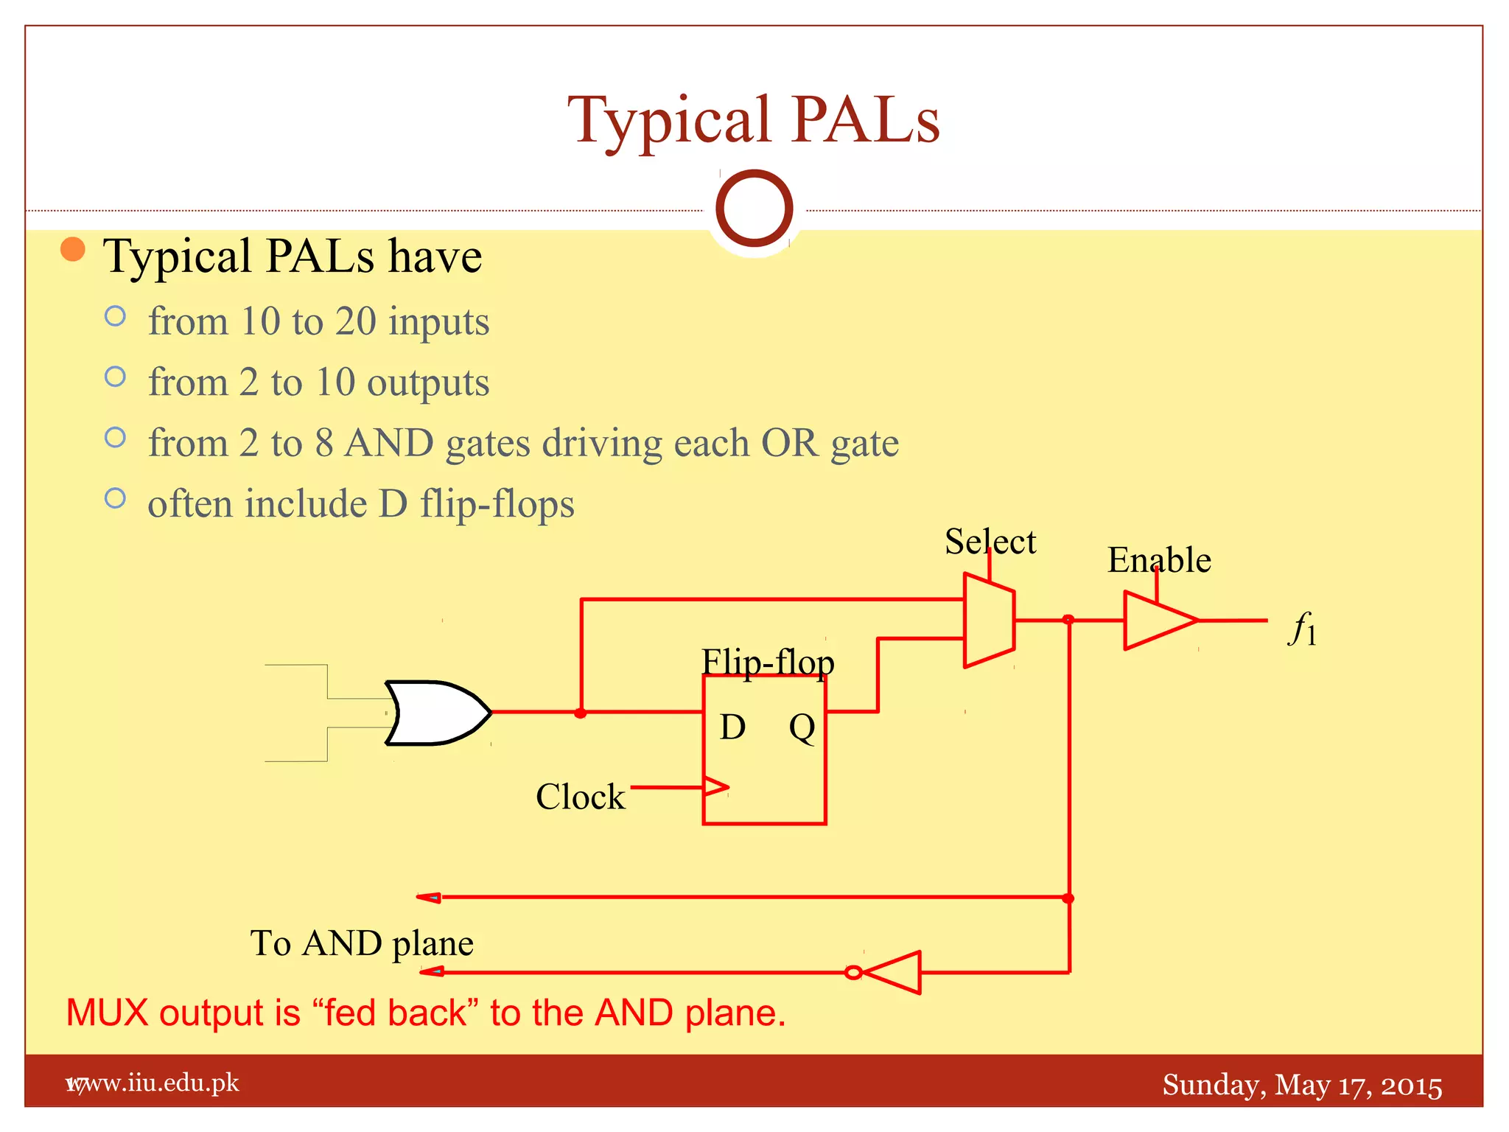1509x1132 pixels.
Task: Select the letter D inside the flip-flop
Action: pyautogui.click(x=732, y=727)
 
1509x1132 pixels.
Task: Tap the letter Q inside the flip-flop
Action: pyautogui.click(x=802, y=728)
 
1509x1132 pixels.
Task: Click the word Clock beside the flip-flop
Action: pyautogui.click(x=580, y=797)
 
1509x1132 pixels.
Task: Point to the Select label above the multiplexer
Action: pyautogui.click(x=990, y=542)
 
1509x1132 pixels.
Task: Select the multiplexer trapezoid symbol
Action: pyautogui.click(x=989, y=621)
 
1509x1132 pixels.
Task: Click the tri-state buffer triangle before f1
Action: pyautogui.click(x=1155, y=621)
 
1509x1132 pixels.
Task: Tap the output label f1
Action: pyautogui.click(x=1303, y=630)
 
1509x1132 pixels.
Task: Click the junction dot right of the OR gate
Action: pyautogui.click(x=581, y=713)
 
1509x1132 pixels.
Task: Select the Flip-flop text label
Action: pyautogui.click(x=767, y=662)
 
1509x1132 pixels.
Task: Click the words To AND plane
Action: pyautogui.click(x=361, y=943)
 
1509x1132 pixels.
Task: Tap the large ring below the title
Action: pyautogui.click(x=754, y=209)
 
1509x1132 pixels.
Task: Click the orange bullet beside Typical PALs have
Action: pyautogui.click(x=73, y=249)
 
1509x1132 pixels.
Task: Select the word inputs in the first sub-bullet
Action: pyautogui.click(x=438, y=322)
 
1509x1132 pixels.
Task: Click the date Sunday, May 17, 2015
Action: pyautogui.click(x=1301, y=1086)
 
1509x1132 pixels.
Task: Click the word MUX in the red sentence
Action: pyautogui.click(x=107, y=1013)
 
